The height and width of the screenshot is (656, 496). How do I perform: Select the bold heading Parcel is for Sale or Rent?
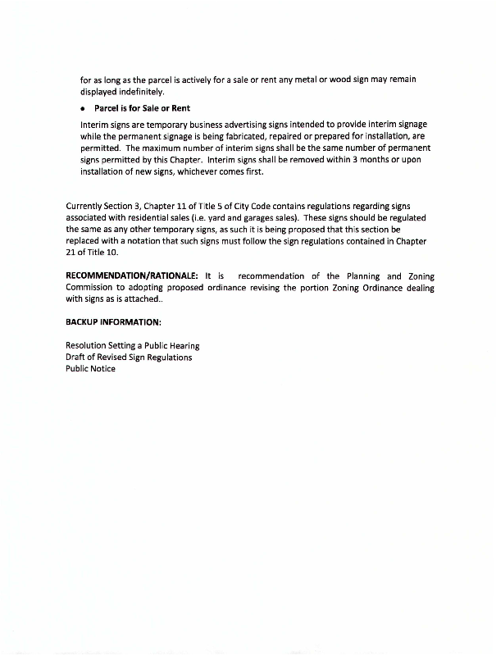(142, 108)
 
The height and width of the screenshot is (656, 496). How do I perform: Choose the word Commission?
(91, 288)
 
